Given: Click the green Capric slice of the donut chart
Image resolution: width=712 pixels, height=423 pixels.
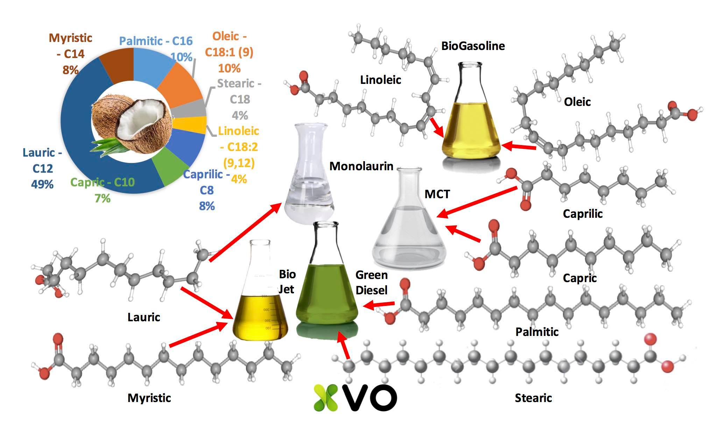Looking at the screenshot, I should [175, 171].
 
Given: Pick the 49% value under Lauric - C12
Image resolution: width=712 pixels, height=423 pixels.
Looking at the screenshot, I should [42, 184].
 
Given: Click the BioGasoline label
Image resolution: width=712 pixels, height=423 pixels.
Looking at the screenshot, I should [473, 46].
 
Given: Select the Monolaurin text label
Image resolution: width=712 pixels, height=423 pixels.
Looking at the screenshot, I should [361, 166].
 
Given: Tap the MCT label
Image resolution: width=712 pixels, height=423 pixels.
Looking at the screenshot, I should [437, 194].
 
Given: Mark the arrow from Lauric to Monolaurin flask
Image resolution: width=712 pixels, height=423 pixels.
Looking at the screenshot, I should [245, 232].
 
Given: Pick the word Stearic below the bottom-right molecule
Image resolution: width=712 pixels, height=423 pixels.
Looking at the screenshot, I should [533, 398].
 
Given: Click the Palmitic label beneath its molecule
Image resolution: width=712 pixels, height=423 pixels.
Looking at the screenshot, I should [537, 332].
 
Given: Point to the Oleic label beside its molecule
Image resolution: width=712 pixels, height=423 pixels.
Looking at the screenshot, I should [577, 102].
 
